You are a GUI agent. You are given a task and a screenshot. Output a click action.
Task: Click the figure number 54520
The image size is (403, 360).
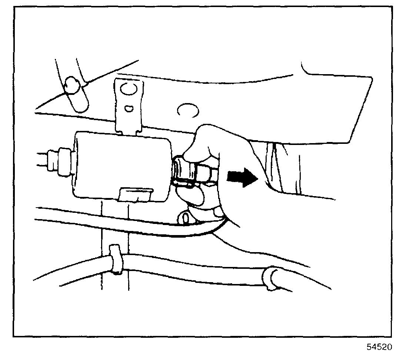pyautogui.click(x=379, y=349)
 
